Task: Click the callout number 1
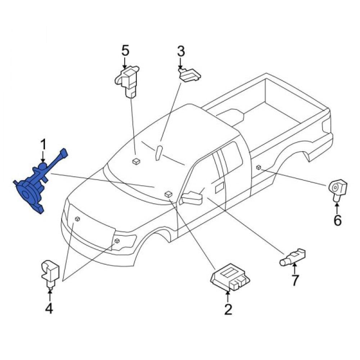point(43,145)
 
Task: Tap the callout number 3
point(181,51)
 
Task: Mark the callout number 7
point(295,280)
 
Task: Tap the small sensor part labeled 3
point(190,75)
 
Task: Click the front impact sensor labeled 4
point(50,274)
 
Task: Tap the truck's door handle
point(219,188)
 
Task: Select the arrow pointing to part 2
point(228,297)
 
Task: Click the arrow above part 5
point(125,62)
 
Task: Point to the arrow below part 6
point(337,208)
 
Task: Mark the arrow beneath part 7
point(294,269)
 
